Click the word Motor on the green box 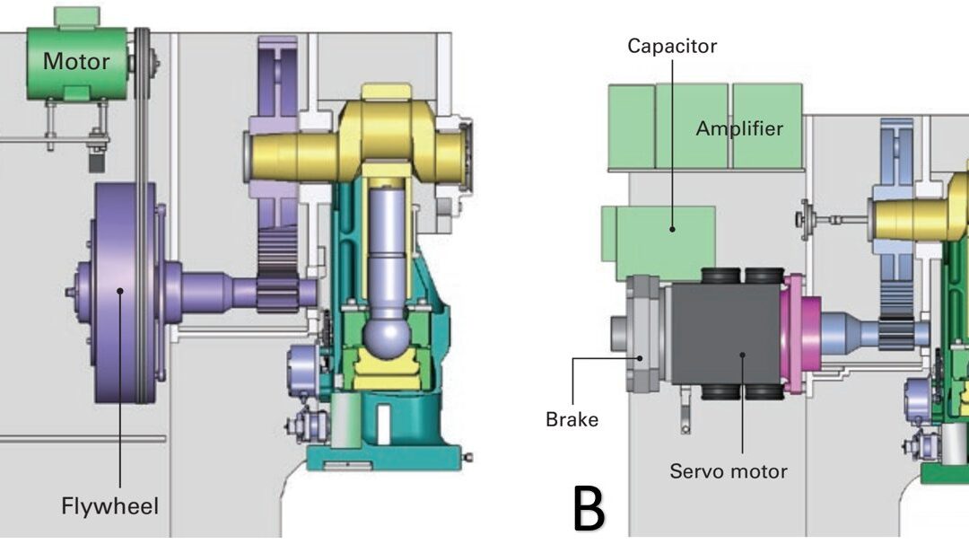tap(76, 62)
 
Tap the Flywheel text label tap(109, 506)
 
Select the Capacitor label tap(672, 46)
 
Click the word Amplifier tap(739, 128)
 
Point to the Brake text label tap(572, 419)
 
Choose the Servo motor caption tap(728, 470)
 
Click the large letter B tap(589, 509)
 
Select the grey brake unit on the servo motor tap(644, 332)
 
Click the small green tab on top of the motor tap(76, 16)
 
